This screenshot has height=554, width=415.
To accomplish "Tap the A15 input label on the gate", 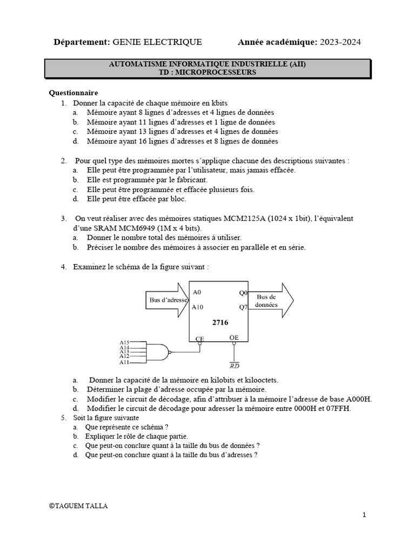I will coord(124,342).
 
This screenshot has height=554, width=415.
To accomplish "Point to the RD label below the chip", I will coord(235,366).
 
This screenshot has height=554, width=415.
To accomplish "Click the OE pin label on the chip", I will coord(234,337).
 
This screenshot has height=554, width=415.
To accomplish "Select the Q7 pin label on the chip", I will coord(243,307).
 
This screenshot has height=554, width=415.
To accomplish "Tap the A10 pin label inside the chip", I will coord(198,307).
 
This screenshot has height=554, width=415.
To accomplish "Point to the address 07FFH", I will coord(338,408).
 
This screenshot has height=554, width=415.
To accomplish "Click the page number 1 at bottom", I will coord(365,515).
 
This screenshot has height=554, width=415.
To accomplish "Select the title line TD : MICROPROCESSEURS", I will coord(207,72).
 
